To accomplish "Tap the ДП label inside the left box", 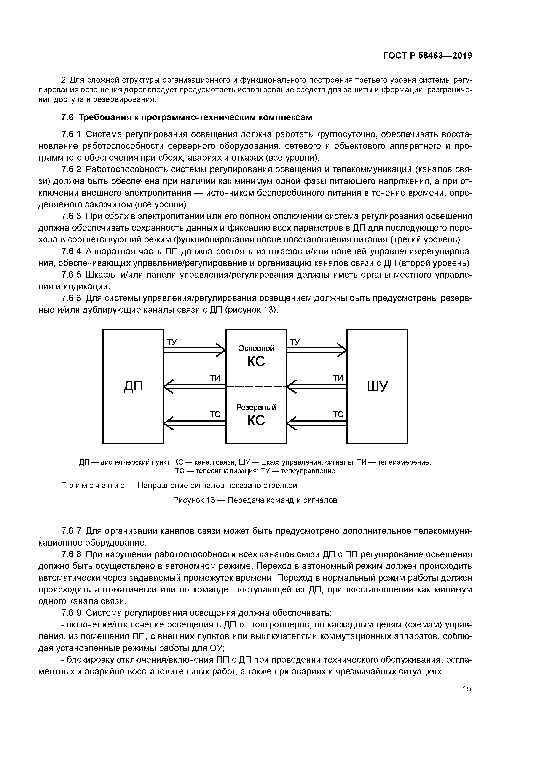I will click(x=133, y=386).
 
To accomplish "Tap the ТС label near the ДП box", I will click(x=215, y=414).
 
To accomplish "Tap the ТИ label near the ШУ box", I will click(x=338, y=378).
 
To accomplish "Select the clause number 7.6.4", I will click(x=71, y=252).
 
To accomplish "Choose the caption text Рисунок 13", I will click(x=194, y=500).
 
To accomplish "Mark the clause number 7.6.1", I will click(x=71, y=134).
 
